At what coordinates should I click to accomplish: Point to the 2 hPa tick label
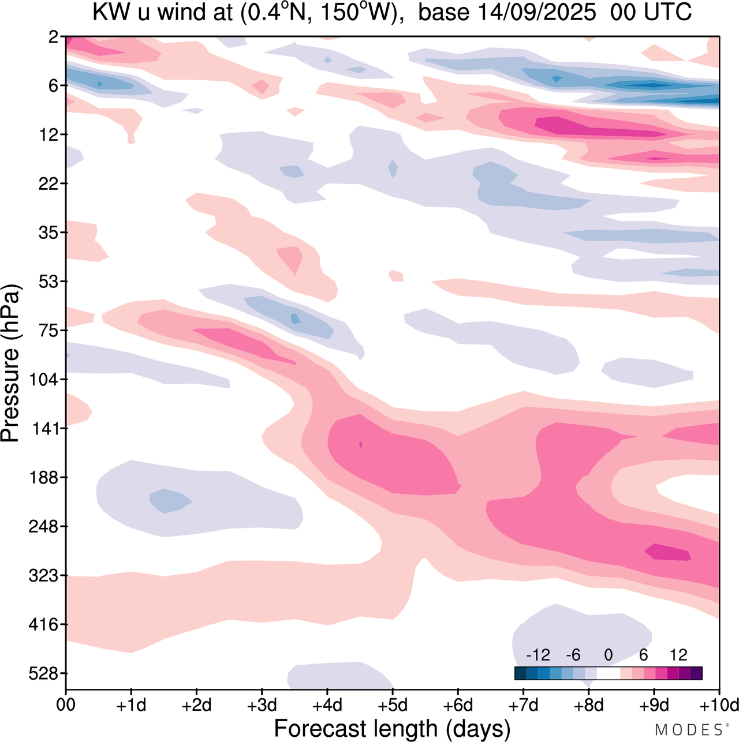click(x=54, y=37)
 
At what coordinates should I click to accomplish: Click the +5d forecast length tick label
click(x=393, y=705)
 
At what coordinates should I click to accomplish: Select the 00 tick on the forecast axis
click(x=66, y=705)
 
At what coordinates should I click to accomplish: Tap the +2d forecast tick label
click(x=197, y=705)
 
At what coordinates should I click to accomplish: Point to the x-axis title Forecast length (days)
click(x=392, y=728)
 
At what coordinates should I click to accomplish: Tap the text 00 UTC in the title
click(x=651, y=13)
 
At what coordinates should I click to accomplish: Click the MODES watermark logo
click(x=688, y=730)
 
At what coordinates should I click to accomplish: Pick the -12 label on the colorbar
click(x=538, y=655)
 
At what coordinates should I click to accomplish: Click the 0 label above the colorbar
click(x=608, y=655)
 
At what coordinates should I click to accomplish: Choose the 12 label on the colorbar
click(x=678, y=655)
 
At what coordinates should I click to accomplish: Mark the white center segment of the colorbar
click(x=608, y=673)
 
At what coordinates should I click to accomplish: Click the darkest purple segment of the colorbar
click(x=696, y=673)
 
